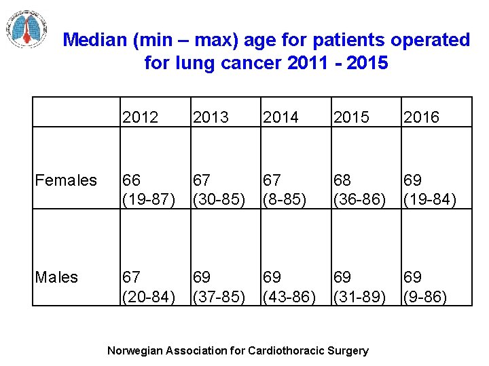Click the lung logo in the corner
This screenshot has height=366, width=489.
(27, 28)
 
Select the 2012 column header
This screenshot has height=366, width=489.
(141, 117)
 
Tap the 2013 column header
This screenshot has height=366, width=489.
(211, 117)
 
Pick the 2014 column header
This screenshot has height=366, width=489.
(280, 117)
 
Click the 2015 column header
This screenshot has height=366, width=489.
(351, 117)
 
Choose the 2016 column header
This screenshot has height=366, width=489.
(421, 117)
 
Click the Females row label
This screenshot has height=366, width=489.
(66, 180)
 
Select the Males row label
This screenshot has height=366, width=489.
(56, 277)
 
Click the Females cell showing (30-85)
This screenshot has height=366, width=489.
(219, 189)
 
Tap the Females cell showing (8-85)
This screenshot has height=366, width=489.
(285, 189)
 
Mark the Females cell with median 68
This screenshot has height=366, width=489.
(359, 189)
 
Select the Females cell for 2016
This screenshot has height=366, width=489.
(429, 189)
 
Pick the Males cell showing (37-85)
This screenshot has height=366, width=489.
(219, 287)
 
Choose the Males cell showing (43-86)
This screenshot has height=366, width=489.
(289, 287)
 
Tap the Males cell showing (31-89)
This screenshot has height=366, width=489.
(359, 287)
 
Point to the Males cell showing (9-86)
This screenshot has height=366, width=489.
(425, 287)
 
